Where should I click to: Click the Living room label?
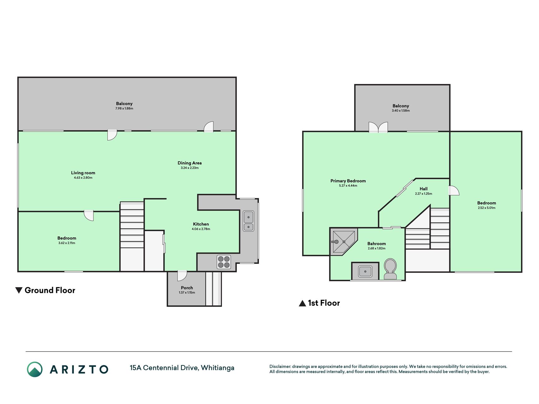click(83, 173)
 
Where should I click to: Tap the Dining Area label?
click(189, 163)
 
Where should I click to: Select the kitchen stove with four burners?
click(224, 262)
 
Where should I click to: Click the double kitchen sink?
click(249, 221)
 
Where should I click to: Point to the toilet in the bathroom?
click(390, 269)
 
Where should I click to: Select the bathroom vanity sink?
click(365, 271)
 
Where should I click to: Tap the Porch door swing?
click(182, 276)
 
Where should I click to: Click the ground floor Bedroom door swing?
click(89, 216)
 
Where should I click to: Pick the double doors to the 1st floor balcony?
click(378, 127)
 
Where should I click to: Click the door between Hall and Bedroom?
click(454, 190)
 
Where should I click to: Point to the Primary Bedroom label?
click(348, 181)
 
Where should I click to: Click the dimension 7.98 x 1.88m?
click(124, 109)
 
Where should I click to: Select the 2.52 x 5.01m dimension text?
click(487, 208)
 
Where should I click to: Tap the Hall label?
click(423, 189)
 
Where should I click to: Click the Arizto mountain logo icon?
click(35, 369)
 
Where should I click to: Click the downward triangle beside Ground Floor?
click(19, 290)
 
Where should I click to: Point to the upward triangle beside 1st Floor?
click(302, 303)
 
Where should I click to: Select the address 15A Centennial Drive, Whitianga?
click(182, 368)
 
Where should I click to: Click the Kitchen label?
click(201, 224)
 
